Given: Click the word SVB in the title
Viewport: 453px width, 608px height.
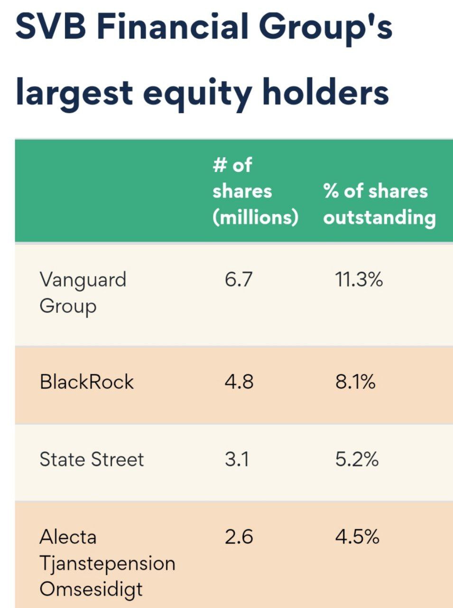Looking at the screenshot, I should click(x=51, y=27).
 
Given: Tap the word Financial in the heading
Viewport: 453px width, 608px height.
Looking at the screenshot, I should click(x=173, y=27).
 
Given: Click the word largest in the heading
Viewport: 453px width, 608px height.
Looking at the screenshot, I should click(x=74, y=93).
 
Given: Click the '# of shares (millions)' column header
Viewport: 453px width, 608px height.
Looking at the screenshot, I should click(x=255, y=191).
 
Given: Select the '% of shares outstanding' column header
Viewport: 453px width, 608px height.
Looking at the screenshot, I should click(x=379, y=204).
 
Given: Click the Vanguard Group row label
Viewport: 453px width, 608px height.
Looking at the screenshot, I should click(x=83, y=292).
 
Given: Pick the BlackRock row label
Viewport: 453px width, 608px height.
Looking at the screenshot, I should click(x=87, y=382).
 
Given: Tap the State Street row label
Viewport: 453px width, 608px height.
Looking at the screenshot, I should click(x=92, y=459).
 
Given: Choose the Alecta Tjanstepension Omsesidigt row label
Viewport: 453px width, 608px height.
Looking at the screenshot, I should click(x=107, y=563).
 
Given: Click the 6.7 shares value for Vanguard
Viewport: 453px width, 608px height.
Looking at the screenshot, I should click(x=239, y=279).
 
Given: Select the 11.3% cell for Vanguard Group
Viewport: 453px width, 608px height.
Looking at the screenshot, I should click(x=359, y=279).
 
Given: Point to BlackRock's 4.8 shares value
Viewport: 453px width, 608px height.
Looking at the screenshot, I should click(x=239, y=382).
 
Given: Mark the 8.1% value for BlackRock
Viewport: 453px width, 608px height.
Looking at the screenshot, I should click(x=355, y=382).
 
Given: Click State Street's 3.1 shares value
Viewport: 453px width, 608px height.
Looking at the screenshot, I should click(x=237, y=459).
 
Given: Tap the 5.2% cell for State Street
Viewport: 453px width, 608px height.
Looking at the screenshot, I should click(x=357, y=459).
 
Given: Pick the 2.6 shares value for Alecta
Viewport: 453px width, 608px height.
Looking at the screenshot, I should click(x=239, y=537).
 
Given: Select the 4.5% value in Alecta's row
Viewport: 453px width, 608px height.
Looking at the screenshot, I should click(x=357, y=537).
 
